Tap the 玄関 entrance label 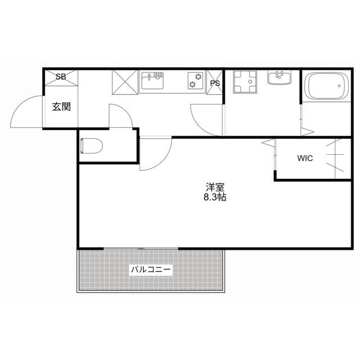pyautogui.click(x=61, y=106)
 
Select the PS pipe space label pyautogui.click(x=215, y=83)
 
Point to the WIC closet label pyautogui.click(x=305, y=159)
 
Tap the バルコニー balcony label pyautogui.click(x=151, y=269)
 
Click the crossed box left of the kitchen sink pyautogui.click(x=124, y=81)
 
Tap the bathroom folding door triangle pyautogui.click(x=307, y=132)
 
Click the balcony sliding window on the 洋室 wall pyautogui.click(x=141, y=248)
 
